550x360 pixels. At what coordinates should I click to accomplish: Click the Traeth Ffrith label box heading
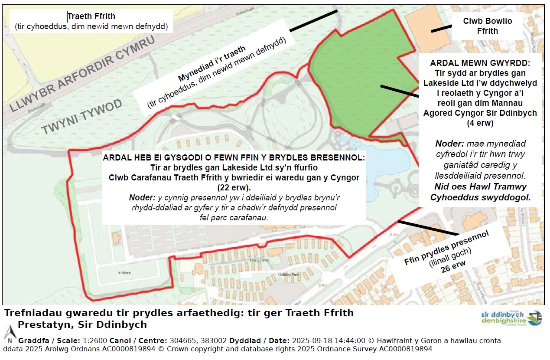pos(91,16)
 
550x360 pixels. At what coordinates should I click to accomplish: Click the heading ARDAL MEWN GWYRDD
pos(480,63)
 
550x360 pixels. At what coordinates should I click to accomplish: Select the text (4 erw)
pos(480,123)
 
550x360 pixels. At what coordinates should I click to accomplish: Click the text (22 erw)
pos(233,188)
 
